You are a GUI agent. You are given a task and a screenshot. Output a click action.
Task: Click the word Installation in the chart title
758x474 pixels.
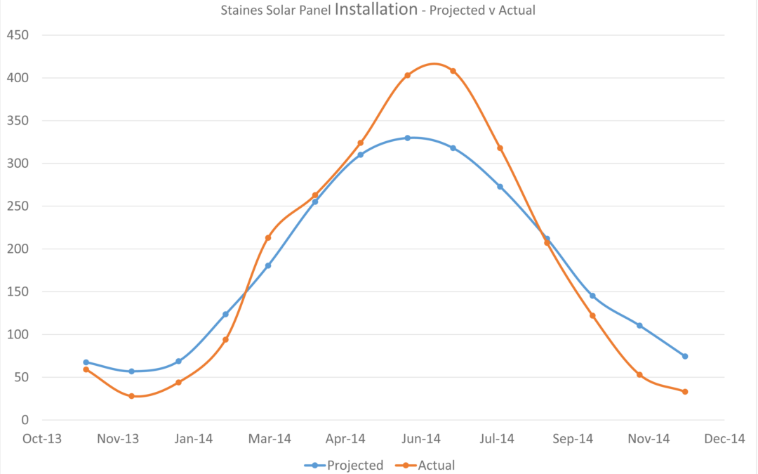pos(376,10)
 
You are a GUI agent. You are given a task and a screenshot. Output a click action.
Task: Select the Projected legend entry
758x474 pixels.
pos(354,465)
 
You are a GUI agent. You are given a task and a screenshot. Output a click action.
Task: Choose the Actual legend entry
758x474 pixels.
pos(436,465)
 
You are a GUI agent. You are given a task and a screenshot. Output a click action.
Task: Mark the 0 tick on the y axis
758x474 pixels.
pos(25,420)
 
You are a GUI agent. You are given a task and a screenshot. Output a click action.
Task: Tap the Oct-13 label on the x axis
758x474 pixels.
pos(42,440)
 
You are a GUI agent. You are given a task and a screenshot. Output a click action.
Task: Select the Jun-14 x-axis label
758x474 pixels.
pos(422,440)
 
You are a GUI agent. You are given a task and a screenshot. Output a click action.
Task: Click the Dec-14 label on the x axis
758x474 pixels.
pos(724,440)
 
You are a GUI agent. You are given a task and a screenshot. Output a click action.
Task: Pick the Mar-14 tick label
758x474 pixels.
pos(270,440)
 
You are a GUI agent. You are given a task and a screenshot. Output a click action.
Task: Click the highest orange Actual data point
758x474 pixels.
pos(453,71)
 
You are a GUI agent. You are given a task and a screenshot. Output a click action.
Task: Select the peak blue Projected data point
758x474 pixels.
pos(407,138)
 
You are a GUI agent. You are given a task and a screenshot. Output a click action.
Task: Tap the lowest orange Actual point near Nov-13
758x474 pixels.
pos(131,396)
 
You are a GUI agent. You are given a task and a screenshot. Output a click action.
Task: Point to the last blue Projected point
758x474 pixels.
pos(684,356)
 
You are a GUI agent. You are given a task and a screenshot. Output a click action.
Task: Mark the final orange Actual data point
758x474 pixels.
pos(684,392)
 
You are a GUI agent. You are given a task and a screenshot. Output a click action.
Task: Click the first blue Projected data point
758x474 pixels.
pos(86,362)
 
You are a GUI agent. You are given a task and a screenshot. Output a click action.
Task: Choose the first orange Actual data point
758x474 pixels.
pos(86,369)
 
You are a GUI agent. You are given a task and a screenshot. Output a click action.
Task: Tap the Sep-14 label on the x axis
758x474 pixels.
pos(573,440)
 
